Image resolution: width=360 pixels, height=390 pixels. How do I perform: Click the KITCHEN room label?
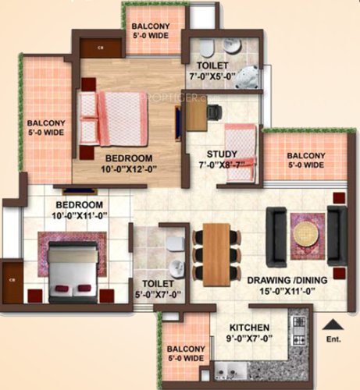250,328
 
